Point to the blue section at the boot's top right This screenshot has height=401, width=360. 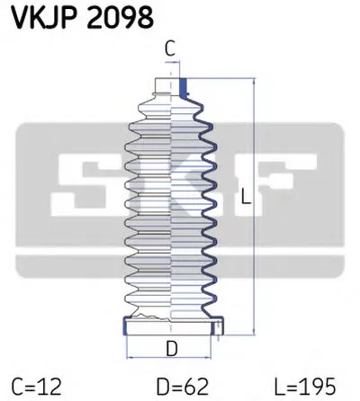[x=185, y=88]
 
